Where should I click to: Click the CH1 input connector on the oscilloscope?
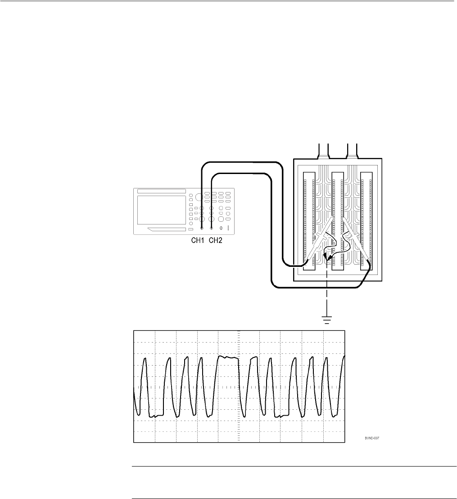pos(201,229)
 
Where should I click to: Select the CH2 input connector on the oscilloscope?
pos(211,229)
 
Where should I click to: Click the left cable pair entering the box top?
pos(324,151)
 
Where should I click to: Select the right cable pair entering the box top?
pos(352,151)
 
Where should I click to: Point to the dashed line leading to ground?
pos(326,293)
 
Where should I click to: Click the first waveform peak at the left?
pos(145,359)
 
